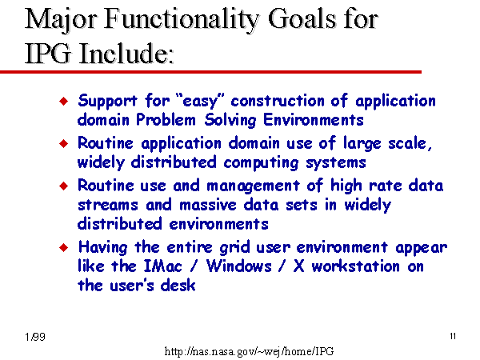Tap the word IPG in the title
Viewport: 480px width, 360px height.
click(47, 53)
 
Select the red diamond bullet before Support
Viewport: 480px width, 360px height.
click(64, 101)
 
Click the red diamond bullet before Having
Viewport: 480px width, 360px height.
click(64, 247)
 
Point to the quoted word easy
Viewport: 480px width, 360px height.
click(201, 101)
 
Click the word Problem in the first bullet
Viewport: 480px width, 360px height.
click(166, 119)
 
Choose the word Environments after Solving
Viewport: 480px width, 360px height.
click(314, 119)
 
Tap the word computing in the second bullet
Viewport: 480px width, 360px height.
click(261, 163)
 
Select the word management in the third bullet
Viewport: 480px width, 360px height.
click(253, 186)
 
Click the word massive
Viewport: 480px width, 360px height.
click(208, 205)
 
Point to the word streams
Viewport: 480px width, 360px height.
click(108, 205)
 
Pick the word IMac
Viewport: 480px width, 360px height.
click(162, 266)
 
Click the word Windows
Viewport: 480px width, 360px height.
click(238, 266)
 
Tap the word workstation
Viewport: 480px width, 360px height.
click(356, 266)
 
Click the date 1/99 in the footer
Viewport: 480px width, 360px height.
click(35, 337)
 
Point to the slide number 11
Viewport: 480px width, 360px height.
click(453, 336)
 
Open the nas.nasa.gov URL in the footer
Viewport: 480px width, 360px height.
click(249, 351)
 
